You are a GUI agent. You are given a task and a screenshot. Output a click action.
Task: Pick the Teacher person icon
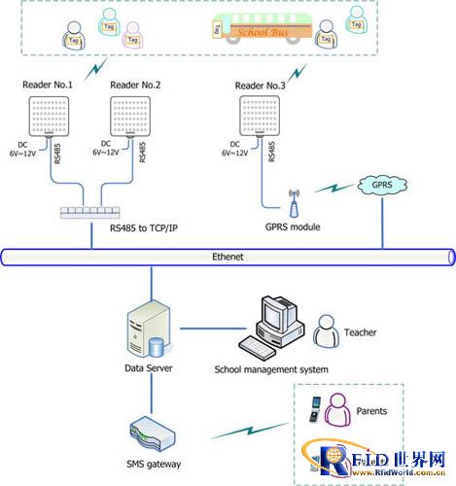tap(332, 330)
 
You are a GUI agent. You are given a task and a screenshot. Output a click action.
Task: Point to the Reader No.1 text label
tap(48, 86)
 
